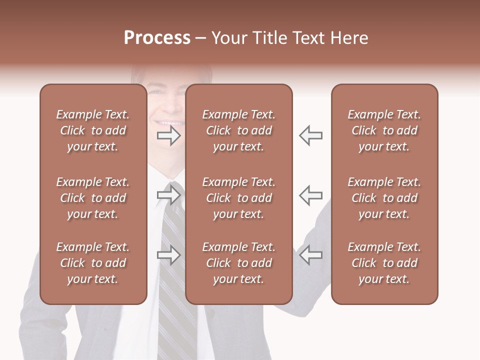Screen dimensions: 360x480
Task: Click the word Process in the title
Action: click(157, 38)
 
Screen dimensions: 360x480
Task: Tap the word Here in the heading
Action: click(348, 38)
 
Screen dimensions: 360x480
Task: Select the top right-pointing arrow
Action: click(169, 135)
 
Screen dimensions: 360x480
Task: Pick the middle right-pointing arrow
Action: click(169, 195)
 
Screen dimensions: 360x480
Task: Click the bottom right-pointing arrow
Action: click(169, 255)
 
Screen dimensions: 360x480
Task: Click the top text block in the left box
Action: click(93, 130)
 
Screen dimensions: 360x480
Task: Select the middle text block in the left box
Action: click(93, 198)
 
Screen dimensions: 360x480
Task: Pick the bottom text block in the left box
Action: click(93, 263)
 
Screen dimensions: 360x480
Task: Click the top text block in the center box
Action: click(238, 130)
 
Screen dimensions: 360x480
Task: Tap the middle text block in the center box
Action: click(238, 198)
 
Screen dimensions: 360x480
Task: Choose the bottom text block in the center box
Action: click(238, 263)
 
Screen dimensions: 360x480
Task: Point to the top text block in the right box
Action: click(384, 130)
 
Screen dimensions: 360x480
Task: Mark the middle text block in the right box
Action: click(384, 198)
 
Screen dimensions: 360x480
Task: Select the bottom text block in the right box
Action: click(384, 263)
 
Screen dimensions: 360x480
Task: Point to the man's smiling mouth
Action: click(168, 122)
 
